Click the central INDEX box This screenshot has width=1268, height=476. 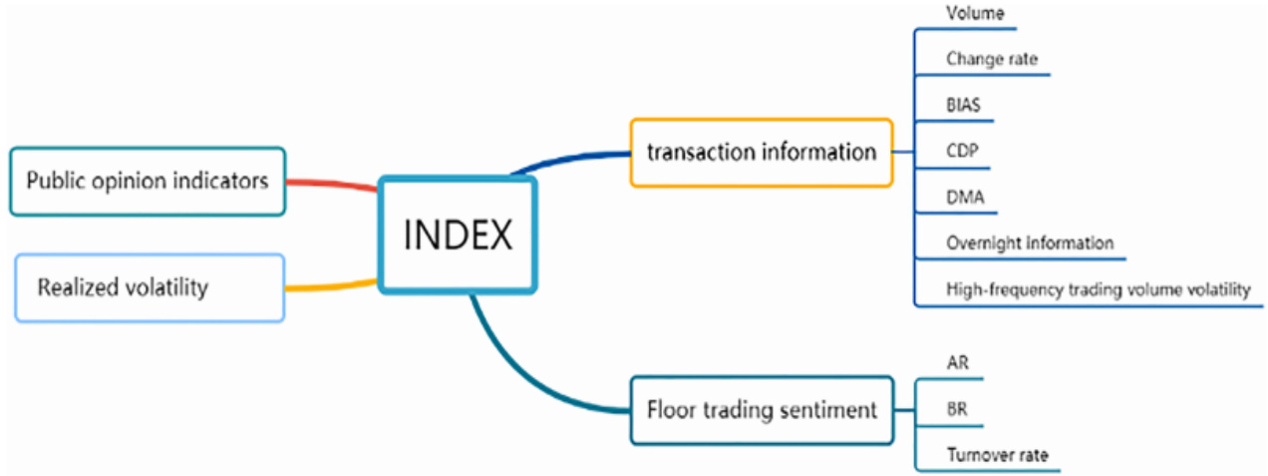458,235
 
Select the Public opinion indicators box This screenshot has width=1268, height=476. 148,181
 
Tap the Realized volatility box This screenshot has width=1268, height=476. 150,287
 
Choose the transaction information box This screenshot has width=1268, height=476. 761,152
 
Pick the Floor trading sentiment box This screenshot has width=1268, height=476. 761,409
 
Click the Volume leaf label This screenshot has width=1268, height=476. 975,14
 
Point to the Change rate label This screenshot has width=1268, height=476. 992,59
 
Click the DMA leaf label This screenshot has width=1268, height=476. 965,197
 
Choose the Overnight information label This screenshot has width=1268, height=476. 1030,242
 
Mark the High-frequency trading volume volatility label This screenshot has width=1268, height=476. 1098,289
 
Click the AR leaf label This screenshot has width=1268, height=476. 957,363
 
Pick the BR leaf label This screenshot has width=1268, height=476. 957,409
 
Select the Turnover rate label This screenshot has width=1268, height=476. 997,455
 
